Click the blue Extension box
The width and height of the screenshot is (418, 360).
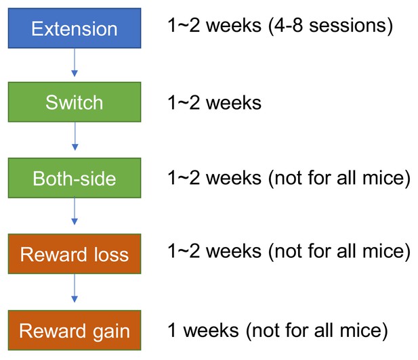pos(75,28)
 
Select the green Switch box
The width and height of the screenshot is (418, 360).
pos(75,102)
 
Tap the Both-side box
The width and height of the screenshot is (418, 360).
pos(75,178)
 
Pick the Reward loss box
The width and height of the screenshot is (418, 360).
pos(75,254)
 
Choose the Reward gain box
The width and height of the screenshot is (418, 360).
pos(75,330)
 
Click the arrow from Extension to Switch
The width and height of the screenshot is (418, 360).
pos(75,62)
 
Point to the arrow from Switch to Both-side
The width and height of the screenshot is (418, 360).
pos(75,136)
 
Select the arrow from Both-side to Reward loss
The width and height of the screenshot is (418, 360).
pos(75,211)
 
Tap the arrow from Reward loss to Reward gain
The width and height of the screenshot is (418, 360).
pos(75,288)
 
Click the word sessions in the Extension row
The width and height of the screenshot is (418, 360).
pos(348,26)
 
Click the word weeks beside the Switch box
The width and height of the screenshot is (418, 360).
pos(234,103)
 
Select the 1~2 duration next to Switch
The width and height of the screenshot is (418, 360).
pos(184,103)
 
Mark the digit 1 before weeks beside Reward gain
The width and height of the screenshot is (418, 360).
pos(172,330)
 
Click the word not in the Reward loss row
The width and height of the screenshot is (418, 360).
pos(288,251)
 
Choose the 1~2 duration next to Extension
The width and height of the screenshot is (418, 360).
pos(184,26)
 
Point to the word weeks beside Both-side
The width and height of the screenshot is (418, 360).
pos(234,178)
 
